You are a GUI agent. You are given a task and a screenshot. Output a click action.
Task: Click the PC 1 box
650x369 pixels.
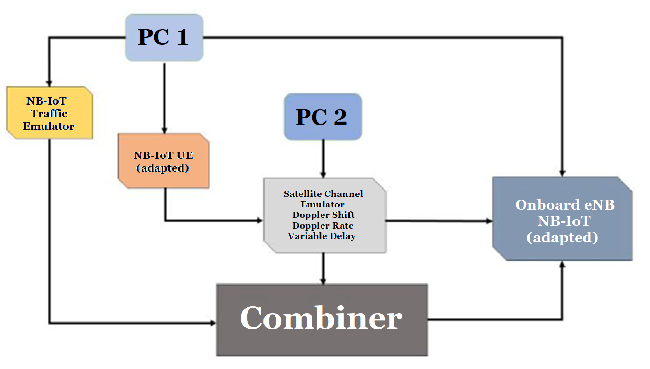click(x=164, y=37)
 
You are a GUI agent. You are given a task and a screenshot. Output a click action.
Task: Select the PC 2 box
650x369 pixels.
click(x=323, y=117)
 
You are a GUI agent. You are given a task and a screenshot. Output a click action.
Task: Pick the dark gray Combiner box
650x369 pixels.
click(x=322, y=319)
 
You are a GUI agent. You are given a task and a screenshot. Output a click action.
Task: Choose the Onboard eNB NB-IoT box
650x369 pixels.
click(x=562, y=219)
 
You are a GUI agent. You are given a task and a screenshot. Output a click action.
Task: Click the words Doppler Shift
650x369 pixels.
click(x=323, y=215)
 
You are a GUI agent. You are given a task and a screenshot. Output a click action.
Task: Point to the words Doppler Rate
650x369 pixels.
click(x=323, y=225)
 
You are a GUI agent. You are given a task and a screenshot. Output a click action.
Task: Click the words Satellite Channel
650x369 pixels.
click(x=323, y=194)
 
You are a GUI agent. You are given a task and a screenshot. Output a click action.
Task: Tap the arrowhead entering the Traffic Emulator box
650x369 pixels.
click(x=49, y=83)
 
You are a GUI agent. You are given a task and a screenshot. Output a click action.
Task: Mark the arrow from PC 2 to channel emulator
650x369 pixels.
click(x=323, y=158)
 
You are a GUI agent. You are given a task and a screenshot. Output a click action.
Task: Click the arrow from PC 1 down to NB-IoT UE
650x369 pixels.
click(x=164, y=98)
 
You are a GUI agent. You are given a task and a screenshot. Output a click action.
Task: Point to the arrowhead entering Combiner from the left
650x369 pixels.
click(x=213, y=323)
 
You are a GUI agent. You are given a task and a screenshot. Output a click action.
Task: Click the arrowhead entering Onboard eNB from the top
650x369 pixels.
click(x=563, y=173)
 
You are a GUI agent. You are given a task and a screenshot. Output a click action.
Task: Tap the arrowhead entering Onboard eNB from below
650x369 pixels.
click(x=563, y=264)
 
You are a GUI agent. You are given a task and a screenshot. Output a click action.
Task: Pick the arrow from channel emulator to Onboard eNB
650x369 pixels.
click(x=438, y=221)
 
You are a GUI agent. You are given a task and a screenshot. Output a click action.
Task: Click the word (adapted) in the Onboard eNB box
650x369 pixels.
click(x=562, y=238)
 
